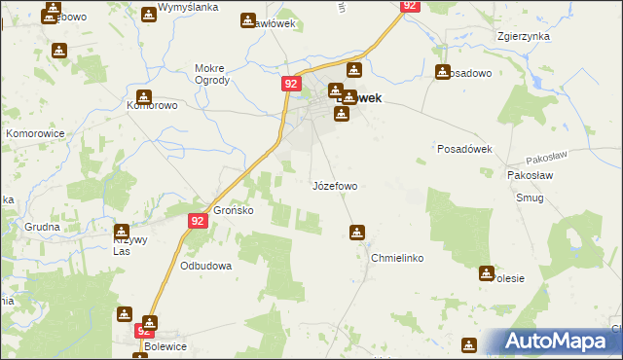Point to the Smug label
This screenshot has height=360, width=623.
(x=532, y=198)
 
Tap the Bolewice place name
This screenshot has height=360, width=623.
(x=144, y=345)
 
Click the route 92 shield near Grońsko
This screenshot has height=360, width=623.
(x=198, y=221)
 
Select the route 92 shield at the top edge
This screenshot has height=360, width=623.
(x=410, y=6)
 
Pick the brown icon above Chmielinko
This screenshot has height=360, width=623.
(x=357, y=233)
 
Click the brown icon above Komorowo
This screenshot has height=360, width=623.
(x=145, y=96)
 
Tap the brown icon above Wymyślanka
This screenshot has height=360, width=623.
(x=148, y=15)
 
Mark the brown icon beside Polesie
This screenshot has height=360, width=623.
(x=486, y=273)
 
